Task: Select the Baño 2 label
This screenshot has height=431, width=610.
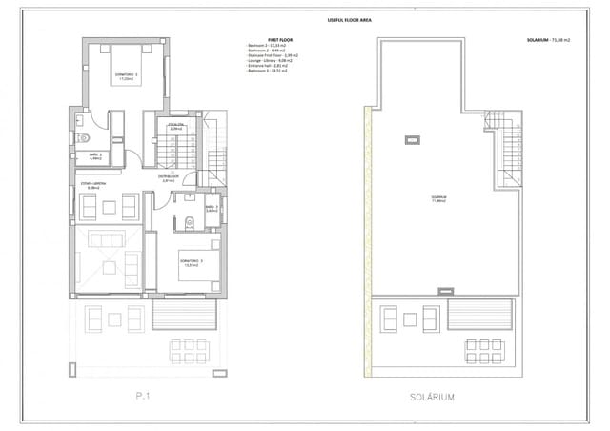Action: pyautogui.click(x=95, y=156)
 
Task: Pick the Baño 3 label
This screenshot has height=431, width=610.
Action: pyautogui.click(x=212, y=208)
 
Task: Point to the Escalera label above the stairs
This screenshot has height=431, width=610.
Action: pyautogui.click(x=175, y=125)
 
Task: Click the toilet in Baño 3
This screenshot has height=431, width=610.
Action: pyautogui.click(x=191, y=223)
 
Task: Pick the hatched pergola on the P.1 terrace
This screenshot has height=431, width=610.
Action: pyautogui.click(x=183, y=316)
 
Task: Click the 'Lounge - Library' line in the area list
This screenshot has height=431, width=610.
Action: pyautogui.click(x=267, y=60)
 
